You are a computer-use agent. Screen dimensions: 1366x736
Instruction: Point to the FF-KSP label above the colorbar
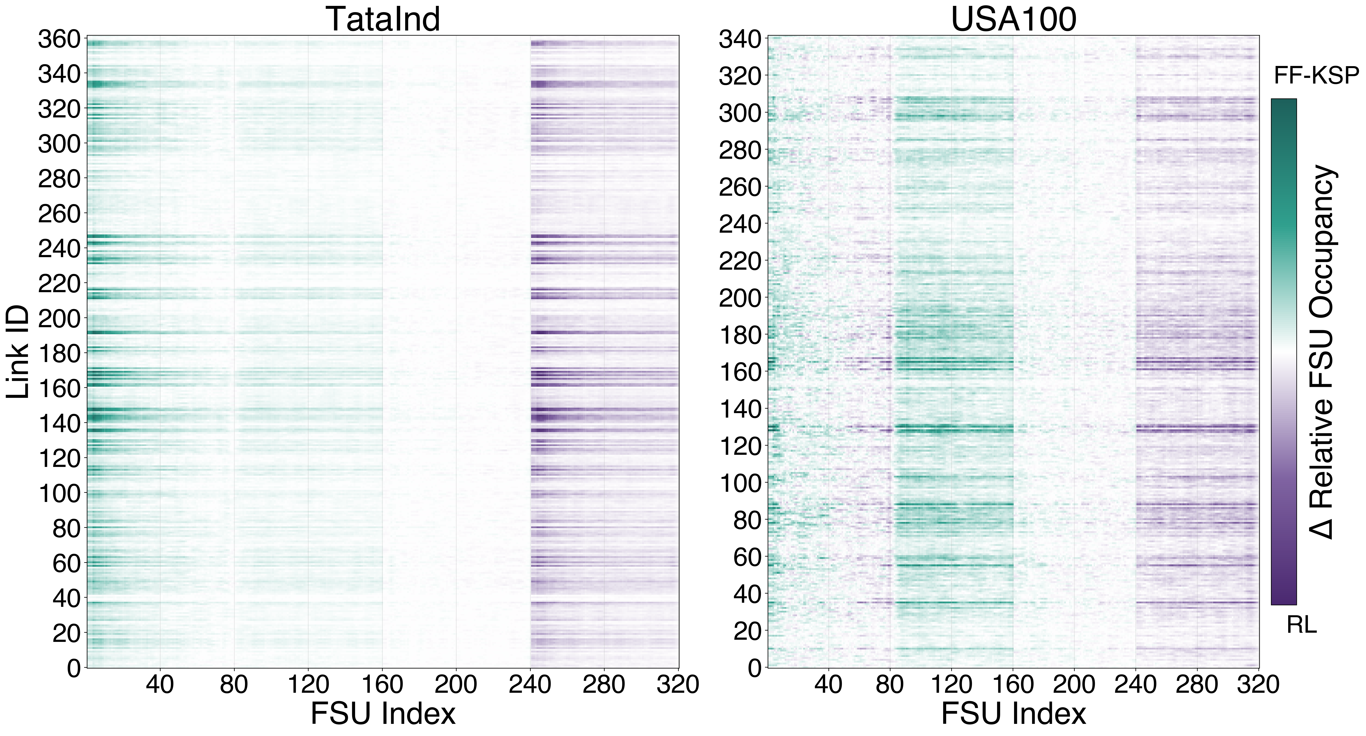1316,76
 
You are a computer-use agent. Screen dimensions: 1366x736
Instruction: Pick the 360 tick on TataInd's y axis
59,40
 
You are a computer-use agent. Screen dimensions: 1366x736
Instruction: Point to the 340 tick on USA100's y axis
740,40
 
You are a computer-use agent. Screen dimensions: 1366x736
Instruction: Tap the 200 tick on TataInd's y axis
59,319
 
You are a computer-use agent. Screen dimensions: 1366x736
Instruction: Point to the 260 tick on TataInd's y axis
59,214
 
